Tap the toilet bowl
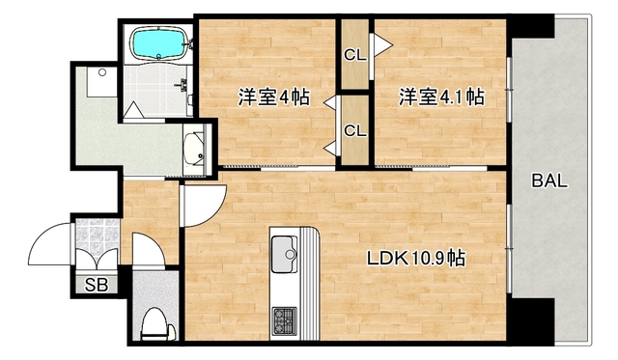pos(154,324)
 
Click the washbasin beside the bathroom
pos(197,152)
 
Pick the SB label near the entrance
pos(97,284)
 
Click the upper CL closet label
pos(354,54)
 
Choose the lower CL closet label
pos(354,130)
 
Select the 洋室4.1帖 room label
pos(441,97)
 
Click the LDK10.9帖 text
pos(416,258)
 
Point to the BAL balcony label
pos(549,180)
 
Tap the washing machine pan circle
pos(101,72)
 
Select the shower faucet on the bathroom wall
pos(179,85)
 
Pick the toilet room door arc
pos(148,251)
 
